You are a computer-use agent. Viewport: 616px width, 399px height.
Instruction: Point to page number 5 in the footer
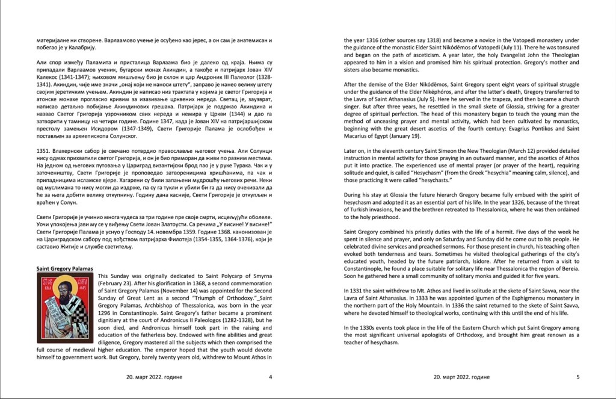click(578, 377)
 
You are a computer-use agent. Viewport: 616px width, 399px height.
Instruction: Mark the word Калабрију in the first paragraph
click(79, 48)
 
